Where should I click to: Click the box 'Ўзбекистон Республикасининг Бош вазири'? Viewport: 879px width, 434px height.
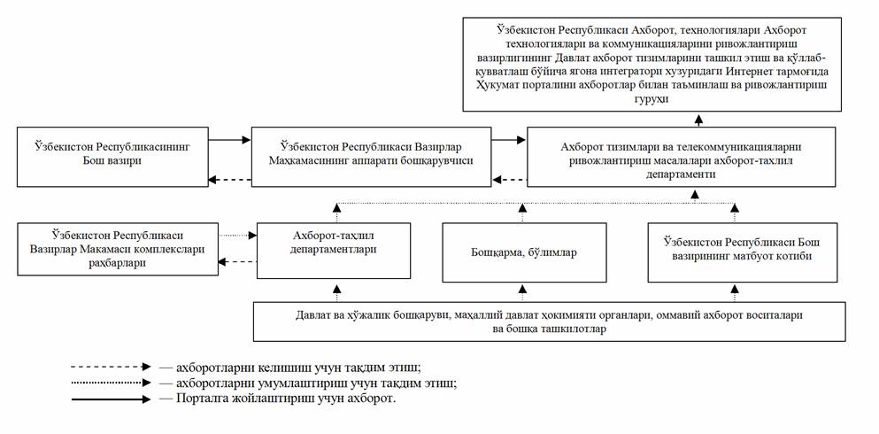(x=112, y=156)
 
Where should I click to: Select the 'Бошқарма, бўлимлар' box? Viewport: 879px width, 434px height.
(x=524, y=252)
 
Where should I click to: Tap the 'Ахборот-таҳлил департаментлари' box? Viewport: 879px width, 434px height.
(x=335, y=244)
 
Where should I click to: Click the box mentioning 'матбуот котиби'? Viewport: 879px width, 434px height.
(x=731, y=252)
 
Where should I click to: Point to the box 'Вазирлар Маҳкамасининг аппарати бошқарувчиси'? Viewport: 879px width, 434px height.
(x=371, y=156)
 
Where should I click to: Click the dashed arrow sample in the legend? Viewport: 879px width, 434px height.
(x=113, y=366)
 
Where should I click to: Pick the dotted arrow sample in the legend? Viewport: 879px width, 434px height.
(x=113, y=383)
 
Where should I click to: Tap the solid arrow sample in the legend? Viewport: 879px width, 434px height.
(x=113, y=399)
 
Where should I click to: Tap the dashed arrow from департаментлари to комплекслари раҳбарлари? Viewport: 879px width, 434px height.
(x=236, y=262)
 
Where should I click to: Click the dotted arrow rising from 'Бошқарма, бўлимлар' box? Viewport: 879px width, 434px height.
(x=522, y=213)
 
